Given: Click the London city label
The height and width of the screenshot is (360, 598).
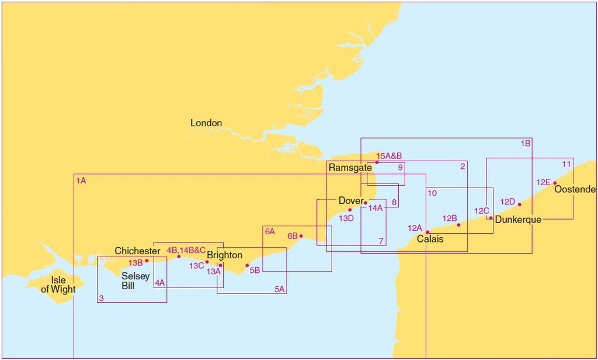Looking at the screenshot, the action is (x=206, y=123).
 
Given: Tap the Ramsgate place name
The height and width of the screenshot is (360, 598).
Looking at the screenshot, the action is (x=350, y=168).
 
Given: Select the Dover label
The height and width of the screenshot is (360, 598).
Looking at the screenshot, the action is (x=350, y=201).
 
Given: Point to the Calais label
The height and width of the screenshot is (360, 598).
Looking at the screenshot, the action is (x=430, y=239).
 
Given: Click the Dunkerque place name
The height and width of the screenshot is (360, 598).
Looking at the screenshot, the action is (x=518, y=220).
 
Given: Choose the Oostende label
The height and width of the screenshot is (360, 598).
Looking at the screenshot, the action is (x=575, y=189).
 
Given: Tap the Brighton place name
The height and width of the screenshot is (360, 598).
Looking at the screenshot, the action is (x=224, y=255).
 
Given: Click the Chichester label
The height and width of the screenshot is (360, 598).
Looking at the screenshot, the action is (x=137, y=251).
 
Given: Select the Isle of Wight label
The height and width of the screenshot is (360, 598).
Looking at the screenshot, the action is (x=58, y=285).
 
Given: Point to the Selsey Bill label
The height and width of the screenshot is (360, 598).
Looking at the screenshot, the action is (x=135, y=281).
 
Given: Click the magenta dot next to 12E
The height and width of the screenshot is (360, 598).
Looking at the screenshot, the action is (x=555, y=183).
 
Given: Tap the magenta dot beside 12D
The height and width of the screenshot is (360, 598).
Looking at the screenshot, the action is (x=519, y=204).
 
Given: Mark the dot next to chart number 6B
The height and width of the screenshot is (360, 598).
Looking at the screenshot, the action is (x=301, y=236).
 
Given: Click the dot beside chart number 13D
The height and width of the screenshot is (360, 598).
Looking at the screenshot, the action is (x=350, y=210).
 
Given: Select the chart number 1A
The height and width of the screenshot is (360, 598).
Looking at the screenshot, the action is (x=81, y=181).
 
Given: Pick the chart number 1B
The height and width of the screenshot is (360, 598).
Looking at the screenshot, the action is (x=526, y=143).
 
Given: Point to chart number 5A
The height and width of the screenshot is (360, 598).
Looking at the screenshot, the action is (x=280, y=289).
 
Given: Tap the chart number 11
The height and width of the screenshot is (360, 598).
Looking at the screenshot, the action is (x=566, y=164).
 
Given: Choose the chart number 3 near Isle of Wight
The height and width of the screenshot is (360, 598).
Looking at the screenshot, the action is (x=101, y=299).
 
